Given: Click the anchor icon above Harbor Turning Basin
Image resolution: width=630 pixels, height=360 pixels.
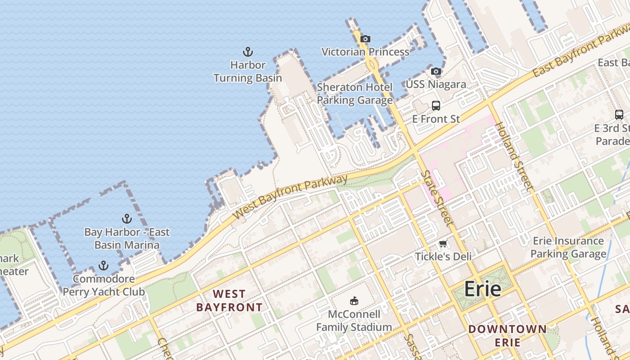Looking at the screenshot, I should click(247, 52).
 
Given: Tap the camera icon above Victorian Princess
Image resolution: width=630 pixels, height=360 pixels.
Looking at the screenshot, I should click(365, 39).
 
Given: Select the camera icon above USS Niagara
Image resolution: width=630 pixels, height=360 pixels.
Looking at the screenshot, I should click(436, 72).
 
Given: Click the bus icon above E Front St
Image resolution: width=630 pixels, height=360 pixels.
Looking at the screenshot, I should click(436, 106).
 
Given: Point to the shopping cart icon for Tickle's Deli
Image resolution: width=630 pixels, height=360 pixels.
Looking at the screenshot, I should click(443, 244).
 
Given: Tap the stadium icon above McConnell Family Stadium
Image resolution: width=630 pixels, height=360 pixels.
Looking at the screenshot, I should click(354, 301).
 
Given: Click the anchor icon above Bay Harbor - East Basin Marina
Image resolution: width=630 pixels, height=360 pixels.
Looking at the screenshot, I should click(127, 219).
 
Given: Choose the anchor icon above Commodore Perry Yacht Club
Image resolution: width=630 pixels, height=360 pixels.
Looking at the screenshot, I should click(103, 265).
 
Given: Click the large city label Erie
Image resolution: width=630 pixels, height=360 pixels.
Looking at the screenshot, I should click(482, 288).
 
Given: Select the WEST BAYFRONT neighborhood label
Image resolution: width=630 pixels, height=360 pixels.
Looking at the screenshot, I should click(229, 301).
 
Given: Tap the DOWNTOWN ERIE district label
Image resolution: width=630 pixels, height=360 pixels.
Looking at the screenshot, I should click(508, 335).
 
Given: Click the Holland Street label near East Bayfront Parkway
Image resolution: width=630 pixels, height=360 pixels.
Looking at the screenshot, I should click(514, 156).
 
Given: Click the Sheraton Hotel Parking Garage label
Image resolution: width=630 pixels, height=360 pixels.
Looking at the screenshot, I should click(355, 93).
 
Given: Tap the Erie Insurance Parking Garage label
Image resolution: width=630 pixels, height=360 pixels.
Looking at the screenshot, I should click(568, 247).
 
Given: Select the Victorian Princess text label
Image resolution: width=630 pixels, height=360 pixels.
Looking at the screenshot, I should click(365, 52).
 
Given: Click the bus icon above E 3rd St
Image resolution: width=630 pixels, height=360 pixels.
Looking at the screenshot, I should click(619, 115).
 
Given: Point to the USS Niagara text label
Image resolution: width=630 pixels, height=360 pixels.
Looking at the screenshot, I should click(436, 84).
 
